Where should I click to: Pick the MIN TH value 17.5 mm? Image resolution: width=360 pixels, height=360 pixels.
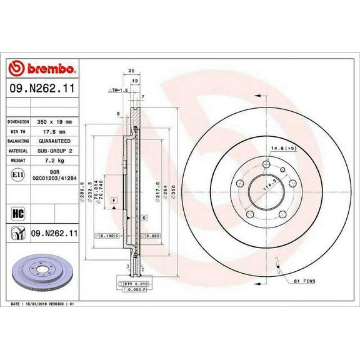click(56, 132)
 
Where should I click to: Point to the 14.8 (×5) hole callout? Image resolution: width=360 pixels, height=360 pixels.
click(283, 147)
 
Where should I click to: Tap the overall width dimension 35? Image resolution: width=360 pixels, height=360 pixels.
click(131, 71)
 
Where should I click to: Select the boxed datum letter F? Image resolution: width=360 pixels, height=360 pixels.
click(114, 200)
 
